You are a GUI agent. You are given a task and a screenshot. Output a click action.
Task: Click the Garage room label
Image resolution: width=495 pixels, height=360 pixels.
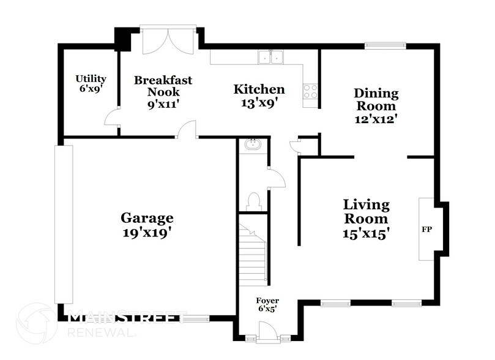click(147, 218)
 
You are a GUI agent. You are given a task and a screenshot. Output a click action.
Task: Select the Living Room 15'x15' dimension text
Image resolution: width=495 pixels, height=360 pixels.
click(366, 233)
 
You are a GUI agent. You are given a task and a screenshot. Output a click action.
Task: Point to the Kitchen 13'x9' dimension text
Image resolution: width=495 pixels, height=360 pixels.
click(259, 103)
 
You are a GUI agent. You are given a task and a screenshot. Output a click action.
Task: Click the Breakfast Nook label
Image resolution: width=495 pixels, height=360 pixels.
click(163, 86)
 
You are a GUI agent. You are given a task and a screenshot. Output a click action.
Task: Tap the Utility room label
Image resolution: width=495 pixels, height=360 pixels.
click(91, 79)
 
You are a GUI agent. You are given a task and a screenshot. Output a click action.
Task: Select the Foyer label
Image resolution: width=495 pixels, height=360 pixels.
click(267, 301)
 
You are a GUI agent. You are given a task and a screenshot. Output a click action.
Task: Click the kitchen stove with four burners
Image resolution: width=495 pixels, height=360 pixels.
click(310, 91)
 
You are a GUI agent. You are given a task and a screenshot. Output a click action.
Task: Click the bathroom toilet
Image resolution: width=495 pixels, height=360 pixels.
click(253, 201)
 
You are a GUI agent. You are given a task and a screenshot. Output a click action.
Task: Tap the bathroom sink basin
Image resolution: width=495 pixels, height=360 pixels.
click(252, 144)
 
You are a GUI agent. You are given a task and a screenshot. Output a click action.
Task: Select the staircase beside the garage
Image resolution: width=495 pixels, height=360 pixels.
click(253, 255)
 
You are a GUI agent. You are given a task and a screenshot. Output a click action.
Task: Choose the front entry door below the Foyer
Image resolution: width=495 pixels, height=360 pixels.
click(267, 335)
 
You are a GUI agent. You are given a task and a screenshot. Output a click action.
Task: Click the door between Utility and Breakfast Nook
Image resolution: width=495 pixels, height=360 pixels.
click(111, 119)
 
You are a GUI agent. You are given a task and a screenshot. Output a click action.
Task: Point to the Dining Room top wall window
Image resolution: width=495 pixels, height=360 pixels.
click(385, 45)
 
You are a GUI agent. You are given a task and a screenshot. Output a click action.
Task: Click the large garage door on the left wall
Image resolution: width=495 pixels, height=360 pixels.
click(59, 224)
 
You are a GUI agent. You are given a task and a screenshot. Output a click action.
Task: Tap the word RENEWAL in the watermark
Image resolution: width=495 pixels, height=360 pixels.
click(100, 332)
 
